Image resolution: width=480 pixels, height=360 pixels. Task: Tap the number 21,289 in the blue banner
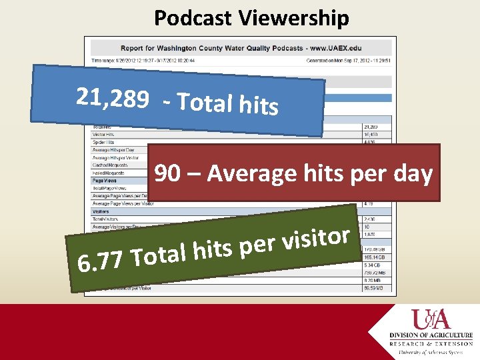pyautogui.click(x=112, y=99)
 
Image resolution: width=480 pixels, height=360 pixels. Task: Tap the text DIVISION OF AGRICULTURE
pyautogui.click(x=431, y=335)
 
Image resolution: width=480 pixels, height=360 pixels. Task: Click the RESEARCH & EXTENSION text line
pyautogui.click(x=431, y=343)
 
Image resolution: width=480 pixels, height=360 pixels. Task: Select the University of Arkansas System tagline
pyautogui.click(x=431, y=351)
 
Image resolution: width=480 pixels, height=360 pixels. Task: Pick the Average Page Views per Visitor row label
pyautogui.click(x=123, y=203)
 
